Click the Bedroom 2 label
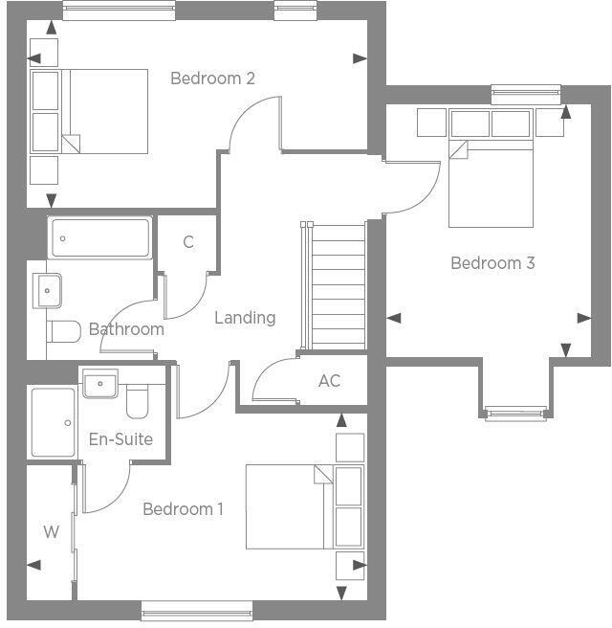click(x=212, y=78)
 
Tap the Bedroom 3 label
click(x=492, y=262)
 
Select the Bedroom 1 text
click(x=183, y=508)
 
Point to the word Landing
click(x=245, y=317)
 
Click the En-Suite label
click(x=120, y=439)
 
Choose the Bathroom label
click(x=126, y=329)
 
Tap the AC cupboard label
click(x=329, y=381)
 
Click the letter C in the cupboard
click(x=188, y=242)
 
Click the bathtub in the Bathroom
click(x=100, y=237)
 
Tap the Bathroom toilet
click(x=64, y=332)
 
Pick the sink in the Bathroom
click(x=47, y=288)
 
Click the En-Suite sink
click(x=99, y=384)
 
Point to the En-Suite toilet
click(x=139, y=402)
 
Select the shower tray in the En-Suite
click(x=53, y=422)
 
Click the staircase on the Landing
click(x=335, y=285)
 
